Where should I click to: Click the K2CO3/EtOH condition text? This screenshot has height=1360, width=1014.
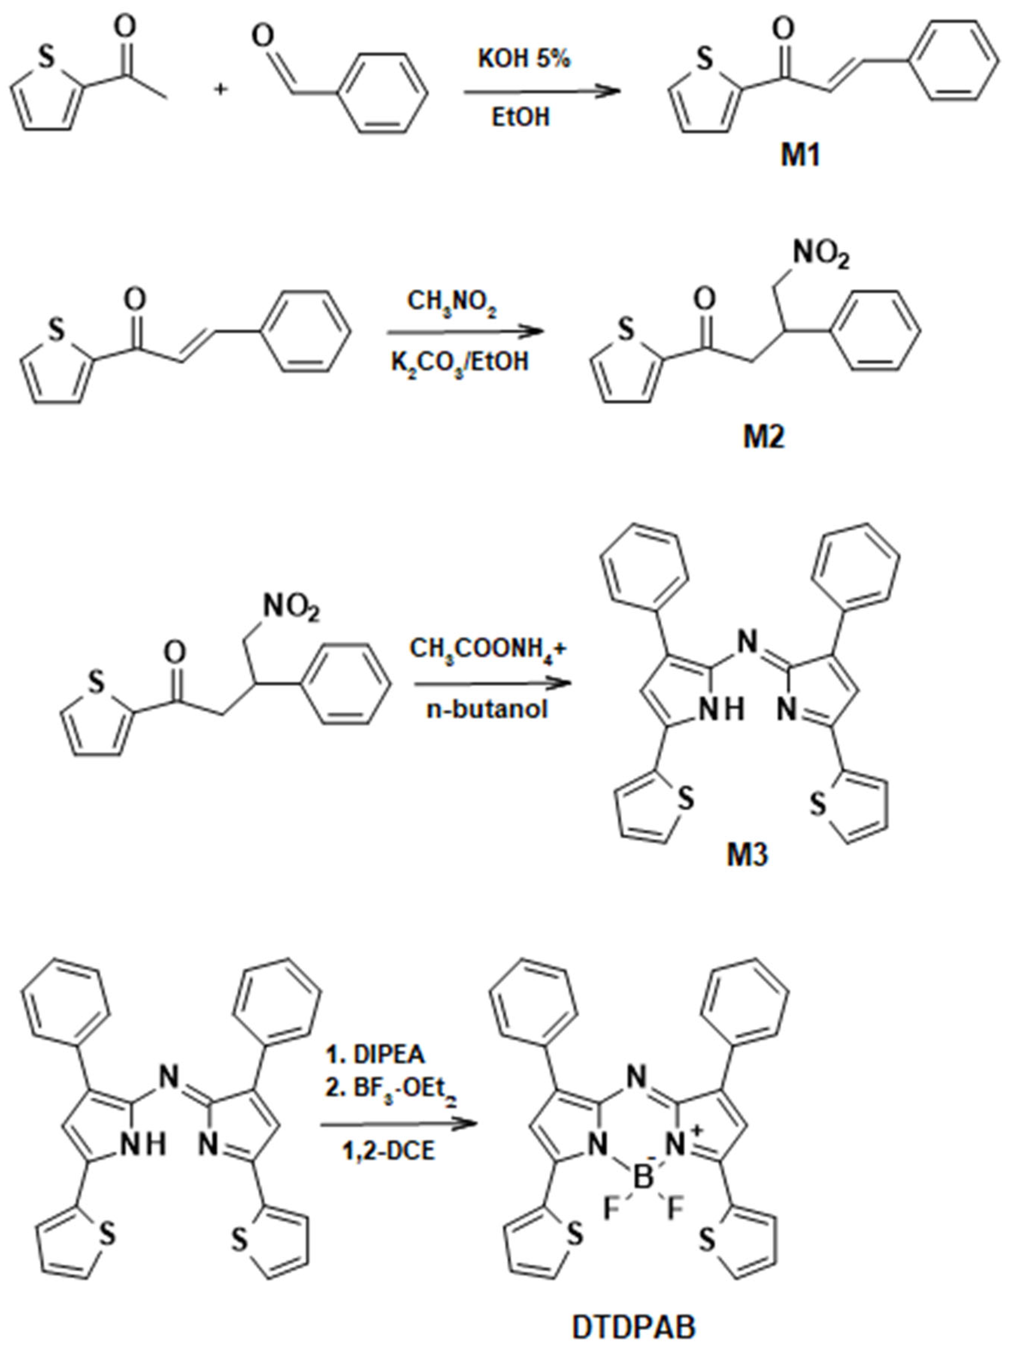click(460, 362)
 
